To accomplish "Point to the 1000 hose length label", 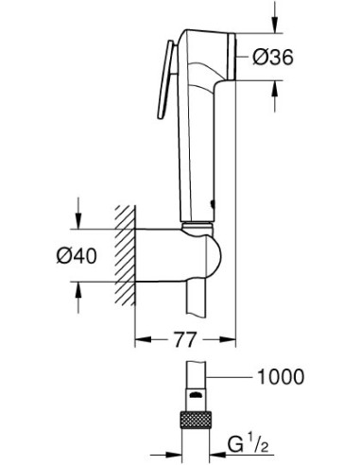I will (x=280, y=378).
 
